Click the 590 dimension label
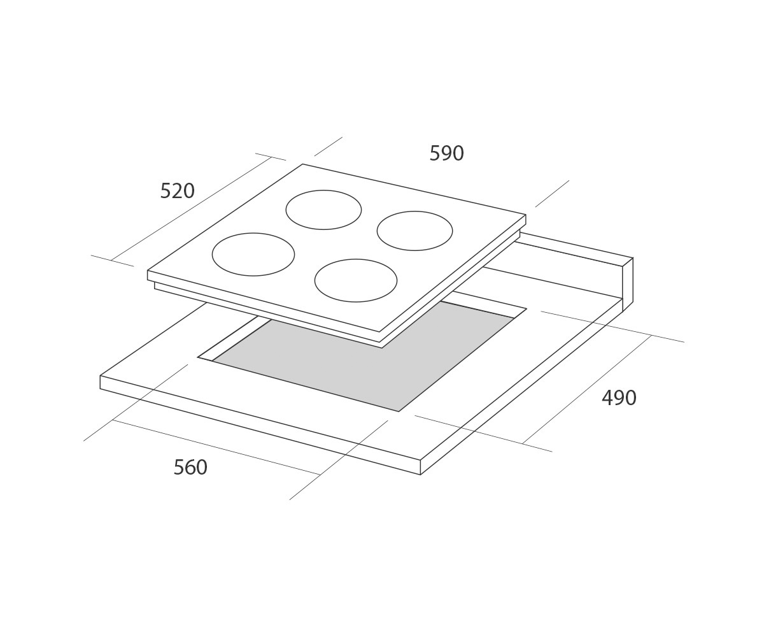coord(446,154)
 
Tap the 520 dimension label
coord(178,191)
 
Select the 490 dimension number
coord(619,398)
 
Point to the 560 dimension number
coord(190,468)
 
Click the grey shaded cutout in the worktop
coord(362,357)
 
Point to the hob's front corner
coord(379,332)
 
